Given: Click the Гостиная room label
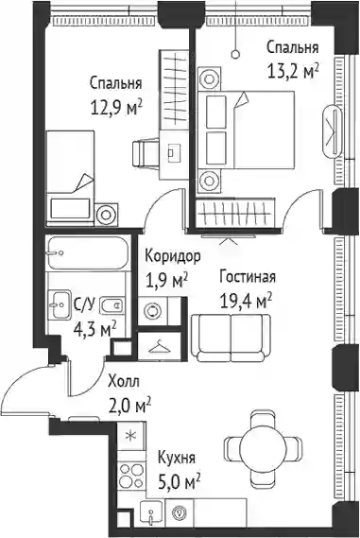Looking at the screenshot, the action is click(x=248, y=277).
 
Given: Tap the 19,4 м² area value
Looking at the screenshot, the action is click(x=247, y=301).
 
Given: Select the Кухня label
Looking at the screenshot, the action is click(x=177, y=458).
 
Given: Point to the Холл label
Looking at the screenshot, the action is click(x=124, y=382).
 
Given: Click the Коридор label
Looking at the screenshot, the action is click(x=173, y=256).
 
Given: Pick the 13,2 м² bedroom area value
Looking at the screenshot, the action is click(x=293, y=71).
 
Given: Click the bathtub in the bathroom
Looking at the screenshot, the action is click(x=88, y=252).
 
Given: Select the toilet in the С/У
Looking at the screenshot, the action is click(x=111, y=304).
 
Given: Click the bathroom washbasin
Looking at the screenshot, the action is click(x=60, y=304).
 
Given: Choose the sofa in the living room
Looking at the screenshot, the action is click(x=231, y=338).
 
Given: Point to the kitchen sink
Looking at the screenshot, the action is click(x=152, y=512).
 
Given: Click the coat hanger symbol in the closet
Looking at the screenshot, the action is click(x=160, y=347).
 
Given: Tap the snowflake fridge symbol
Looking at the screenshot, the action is click(x=130, y=436).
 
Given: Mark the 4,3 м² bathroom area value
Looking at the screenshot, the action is click(x=95, y=330).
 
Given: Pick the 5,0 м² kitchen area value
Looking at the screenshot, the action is click(x=179, y=482).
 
